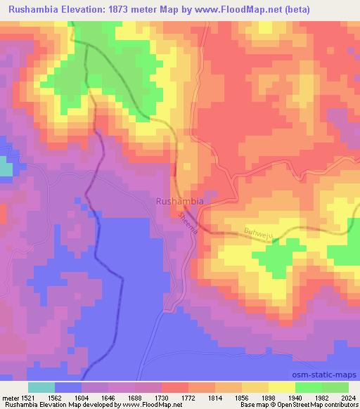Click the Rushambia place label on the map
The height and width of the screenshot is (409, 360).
click(x=179, y=201)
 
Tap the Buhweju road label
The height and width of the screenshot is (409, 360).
click(x=257, y=232)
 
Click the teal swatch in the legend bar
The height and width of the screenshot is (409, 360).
click(x=41, y=387)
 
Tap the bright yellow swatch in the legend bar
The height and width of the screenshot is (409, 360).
click(x=282, y=387)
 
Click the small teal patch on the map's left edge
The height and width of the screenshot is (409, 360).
click(x=6, y=169)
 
